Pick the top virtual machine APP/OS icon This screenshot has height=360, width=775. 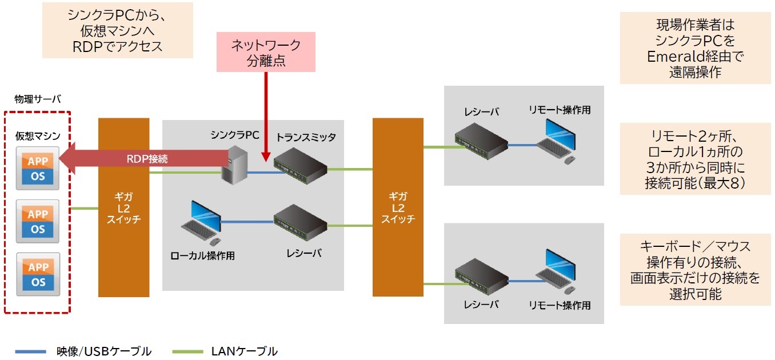pos(38,169)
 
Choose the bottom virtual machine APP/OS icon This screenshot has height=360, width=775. pos(38,274)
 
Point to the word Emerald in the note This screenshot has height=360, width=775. pos(670,57)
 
